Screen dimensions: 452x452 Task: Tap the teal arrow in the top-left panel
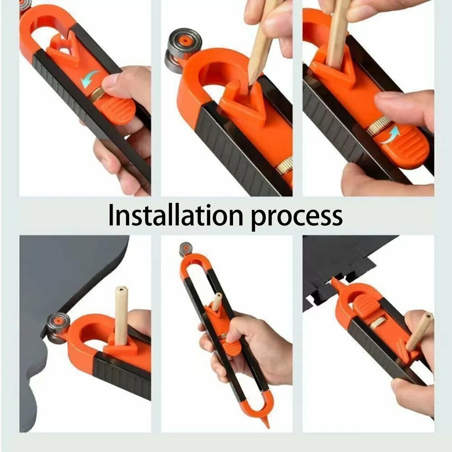(89, 78)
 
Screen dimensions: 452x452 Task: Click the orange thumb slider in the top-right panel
(404, 147)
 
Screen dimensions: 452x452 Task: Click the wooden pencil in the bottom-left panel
(121, 315)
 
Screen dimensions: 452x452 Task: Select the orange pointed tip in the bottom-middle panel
(265, 422)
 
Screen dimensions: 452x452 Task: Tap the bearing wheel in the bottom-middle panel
(186, 250)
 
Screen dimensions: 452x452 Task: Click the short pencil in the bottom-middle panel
(217, 301)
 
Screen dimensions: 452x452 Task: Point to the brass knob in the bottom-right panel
(377, 322)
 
